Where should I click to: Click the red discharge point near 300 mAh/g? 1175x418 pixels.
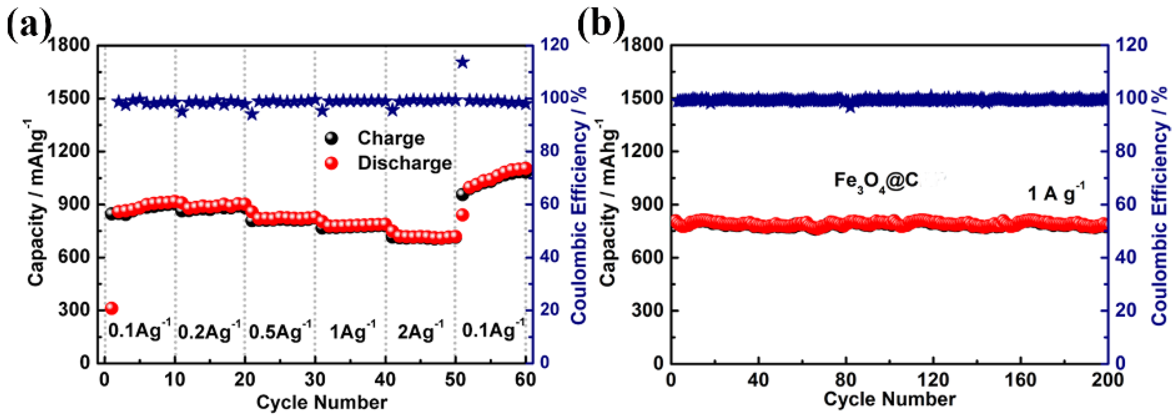[x=111, y=308]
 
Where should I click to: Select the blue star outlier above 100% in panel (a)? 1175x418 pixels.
[x=462, y=62]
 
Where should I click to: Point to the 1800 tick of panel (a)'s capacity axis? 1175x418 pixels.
[x=69, y=45]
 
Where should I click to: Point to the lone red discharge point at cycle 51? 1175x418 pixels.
[x=462, y=215]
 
